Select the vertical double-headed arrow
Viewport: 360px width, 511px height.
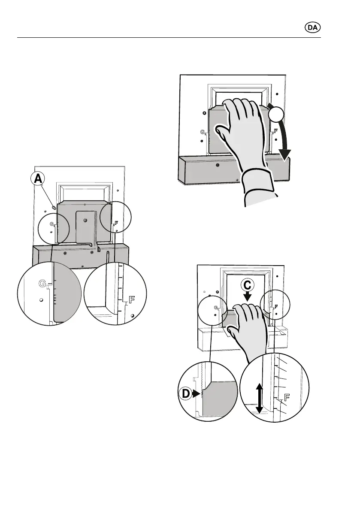(259, 398)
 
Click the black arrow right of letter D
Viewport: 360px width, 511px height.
(197, 392)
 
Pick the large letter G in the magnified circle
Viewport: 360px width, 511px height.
(42, 283)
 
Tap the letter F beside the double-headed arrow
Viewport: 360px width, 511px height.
(287, 398)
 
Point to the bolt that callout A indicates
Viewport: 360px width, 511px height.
(54, 207)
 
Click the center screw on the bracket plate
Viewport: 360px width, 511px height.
(85, 220)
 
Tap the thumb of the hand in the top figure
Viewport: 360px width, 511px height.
(223, 133)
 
